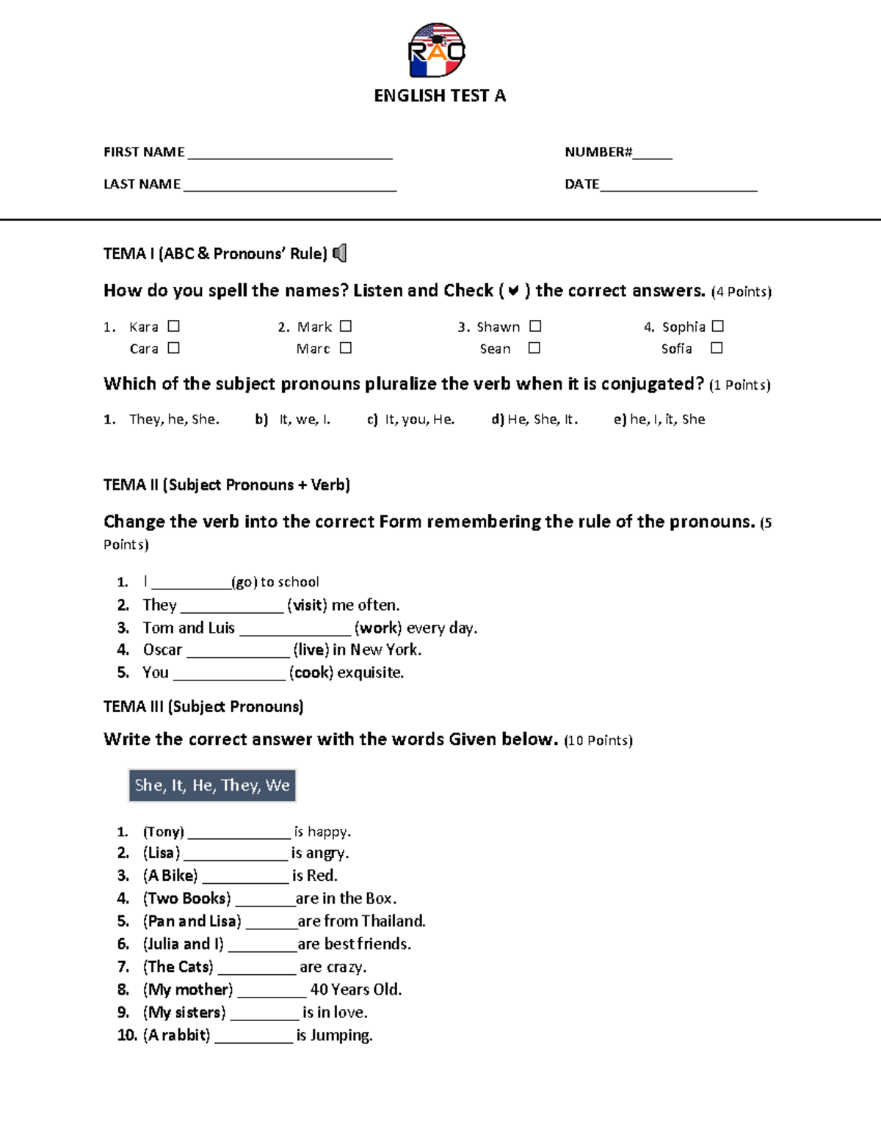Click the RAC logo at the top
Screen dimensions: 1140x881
(437, 50)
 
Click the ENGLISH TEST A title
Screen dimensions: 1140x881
(440, 95)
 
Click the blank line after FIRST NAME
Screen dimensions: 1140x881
(290, 153)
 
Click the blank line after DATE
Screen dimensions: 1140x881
(678, 185)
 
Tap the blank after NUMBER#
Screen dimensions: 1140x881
(652, 153)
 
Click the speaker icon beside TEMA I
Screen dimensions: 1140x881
(340, 253)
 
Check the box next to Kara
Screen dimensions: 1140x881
(173, 326)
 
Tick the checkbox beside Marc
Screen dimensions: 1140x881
(346, 348)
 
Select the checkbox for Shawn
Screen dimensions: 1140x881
(535, 326)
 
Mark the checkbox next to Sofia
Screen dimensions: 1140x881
(717, 348)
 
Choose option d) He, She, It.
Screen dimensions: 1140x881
(534, 419)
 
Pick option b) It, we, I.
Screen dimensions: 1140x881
(293, 419)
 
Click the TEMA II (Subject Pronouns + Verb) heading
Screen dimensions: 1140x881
(226, 484)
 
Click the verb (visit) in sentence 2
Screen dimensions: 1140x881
(307, 605)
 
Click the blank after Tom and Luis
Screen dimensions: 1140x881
(295, 629)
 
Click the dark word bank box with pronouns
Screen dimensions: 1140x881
(211, 785)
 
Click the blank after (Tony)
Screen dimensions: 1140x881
(239, 833)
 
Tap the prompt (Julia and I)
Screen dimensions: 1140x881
(184, 944)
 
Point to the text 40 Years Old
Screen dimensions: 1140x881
(355, 990)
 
